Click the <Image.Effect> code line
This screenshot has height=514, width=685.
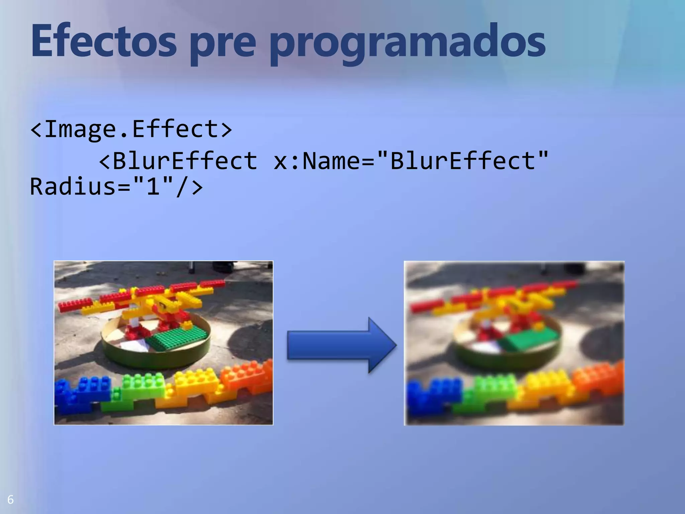(131, 129)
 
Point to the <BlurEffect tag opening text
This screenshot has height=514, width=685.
(178, 161)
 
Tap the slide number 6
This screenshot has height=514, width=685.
(10, 500)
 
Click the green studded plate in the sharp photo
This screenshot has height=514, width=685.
(177, 338)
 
